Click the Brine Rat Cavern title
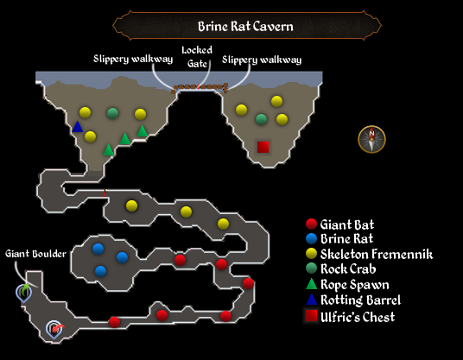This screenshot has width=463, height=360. click(245, 26)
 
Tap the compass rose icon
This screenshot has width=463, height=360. click(371, 139)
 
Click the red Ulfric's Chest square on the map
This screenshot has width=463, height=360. click(263, 147)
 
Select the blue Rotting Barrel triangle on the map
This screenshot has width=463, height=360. click(78, 127)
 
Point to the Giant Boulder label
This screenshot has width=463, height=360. click(35, 254)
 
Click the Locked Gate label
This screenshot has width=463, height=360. click(197, 57)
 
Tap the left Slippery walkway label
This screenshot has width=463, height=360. click(133, 59)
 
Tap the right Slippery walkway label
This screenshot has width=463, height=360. click(262, 60)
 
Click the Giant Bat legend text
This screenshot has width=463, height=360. click(347, 224)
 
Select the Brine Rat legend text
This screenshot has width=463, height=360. click(347, 239)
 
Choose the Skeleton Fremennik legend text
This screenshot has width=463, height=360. click(377, 254)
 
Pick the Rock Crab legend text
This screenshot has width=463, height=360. click(348, 268)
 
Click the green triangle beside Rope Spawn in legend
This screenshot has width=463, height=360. click(311, 284)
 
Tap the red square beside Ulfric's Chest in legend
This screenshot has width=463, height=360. click(311, 315)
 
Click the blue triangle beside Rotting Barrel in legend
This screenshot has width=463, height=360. click(311, 300)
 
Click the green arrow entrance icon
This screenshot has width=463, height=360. click(24, 293)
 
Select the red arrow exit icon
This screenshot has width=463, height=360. click(54, 329)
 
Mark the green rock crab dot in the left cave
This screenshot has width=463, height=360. click(112, 113)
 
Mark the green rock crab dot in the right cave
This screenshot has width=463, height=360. click(261, 119)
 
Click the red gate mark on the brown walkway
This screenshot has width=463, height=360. click(198, 86)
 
